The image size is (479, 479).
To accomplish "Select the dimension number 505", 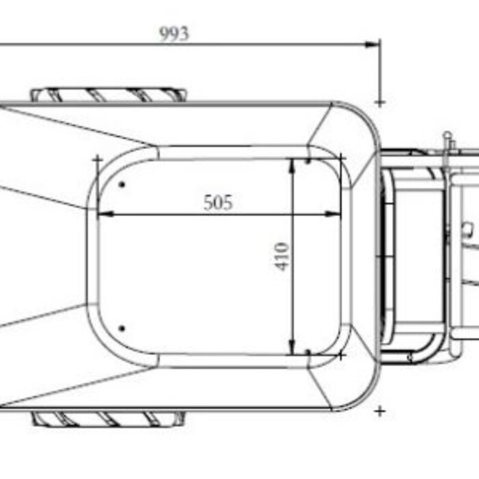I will (x=218, y=203).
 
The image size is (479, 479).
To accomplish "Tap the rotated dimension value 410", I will (x=283, y=257).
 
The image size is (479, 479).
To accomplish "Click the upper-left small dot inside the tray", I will (x=122, y=183).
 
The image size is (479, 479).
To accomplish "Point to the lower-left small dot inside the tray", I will (x=122, y=328).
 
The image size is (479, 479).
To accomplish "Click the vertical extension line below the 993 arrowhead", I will (x=380, y=72).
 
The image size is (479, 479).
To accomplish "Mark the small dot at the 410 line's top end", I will (x=309, y=161).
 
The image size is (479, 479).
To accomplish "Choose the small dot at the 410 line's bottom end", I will (x=309, y=352).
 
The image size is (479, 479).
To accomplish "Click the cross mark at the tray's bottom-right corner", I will (x=341, y=355).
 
